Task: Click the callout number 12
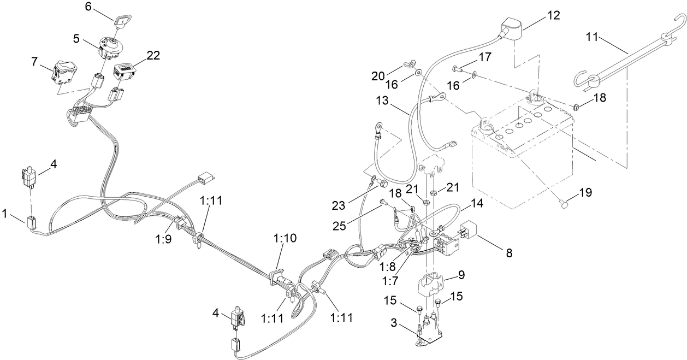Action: tap(554, 15)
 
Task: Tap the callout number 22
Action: tap(153, 56)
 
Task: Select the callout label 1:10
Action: tap(285, 238)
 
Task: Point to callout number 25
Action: tap(340, 226)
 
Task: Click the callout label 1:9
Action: tap(163, 239)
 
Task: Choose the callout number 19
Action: tap(585, 192)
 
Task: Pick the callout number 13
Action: tap(382, 101)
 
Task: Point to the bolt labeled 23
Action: tap(383, 183)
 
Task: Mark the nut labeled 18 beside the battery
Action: tap(576, 107)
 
